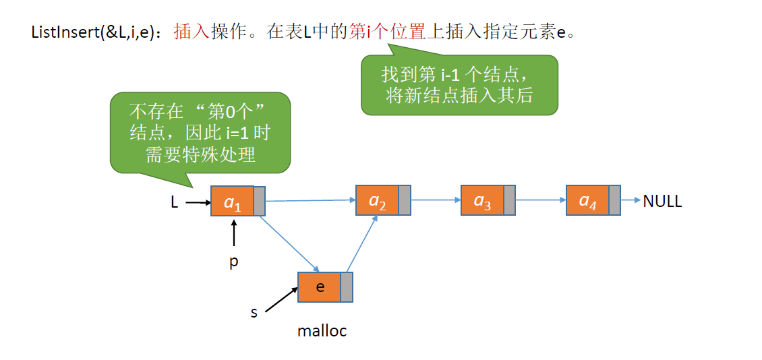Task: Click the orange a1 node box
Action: click(232, 201)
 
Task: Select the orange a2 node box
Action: click(377, 200)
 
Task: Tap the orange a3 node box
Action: click(482, 200)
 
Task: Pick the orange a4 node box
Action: click(587, 200)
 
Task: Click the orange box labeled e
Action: click(320, 287)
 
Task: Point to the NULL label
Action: click(662, 201)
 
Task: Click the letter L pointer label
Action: click(175, 202)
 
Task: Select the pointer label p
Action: click(234, 262)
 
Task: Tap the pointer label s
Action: click(254, 312)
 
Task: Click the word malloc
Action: click(322, 331)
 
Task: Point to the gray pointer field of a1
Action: click(260, 201)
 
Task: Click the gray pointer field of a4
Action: click(614, 200)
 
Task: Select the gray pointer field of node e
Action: click(347, 287)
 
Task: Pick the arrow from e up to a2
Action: click(361, 243)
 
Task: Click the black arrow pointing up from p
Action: click(234, 235)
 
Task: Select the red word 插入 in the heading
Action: click(192, 32)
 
